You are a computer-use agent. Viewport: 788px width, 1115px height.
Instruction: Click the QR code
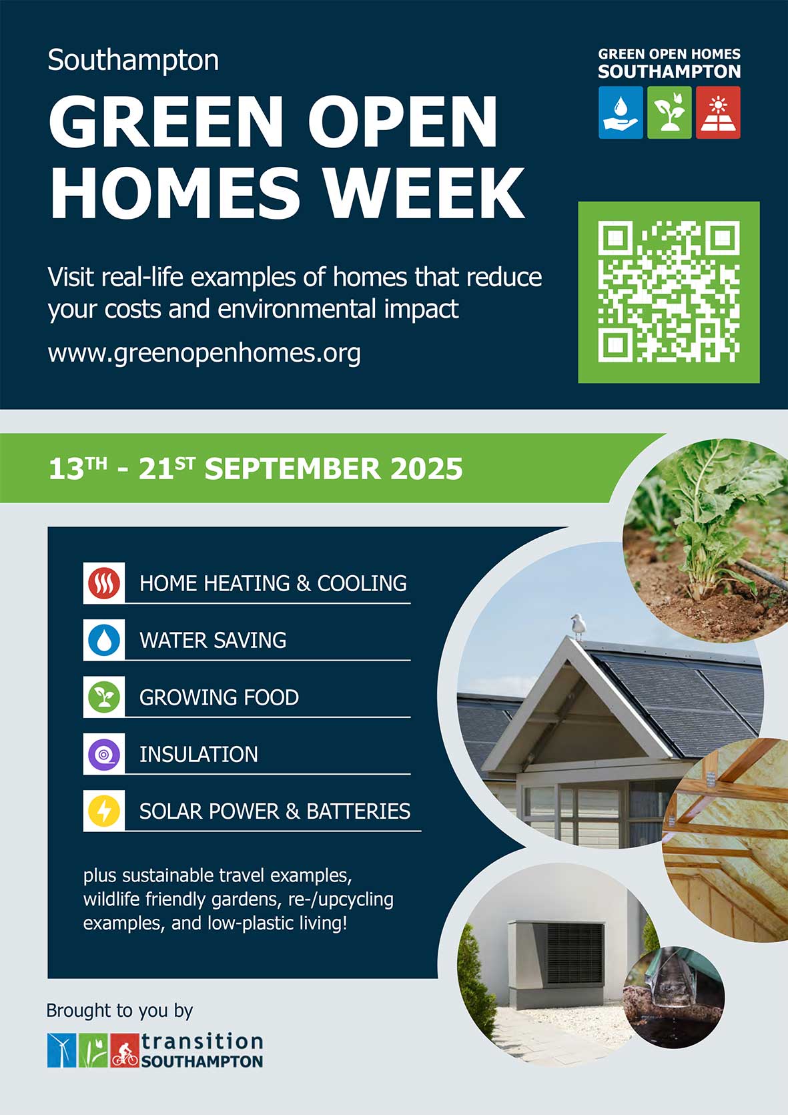tap(669, 292)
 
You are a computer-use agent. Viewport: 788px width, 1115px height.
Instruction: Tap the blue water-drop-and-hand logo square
tap(621, 112)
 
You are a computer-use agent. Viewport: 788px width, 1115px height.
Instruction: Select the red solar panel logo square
tap(718, 112)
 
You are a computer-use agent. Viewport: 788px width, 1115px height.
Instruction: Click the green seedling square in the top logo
tap(669, 112)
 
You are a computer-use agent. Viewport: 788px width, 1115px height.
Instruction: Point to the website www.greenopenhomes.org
tap(204, 354)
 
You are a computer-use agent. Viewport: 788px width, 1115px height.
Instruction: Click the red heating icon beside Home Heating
tap(104, 583)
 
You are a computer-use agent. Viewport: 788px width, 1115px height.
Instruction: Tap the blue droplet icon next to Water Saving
tap(104, 640)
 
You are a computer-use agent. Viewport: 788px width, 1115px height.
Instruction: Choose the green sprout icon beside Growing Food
tap(104, 697)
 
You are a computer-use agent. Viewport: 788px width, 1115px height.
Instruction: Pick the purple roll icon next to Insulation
tap(104, 754)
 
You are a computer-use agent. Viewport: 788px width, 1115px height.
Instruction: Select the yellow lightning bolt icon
tap(104, 811)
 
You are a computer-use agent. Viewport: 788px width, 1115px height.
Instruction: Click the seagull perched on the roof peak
tap(577, 626)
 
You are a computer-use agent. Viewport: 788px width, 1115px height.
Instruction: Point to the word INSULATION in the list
tap(199, 755)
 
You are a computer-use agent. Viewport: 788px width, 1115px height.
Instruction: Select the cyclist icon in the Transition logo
tap(125, 1051)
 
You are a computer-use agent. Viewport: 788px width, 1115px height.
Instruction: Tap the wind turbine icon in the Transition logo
tap(62, 1051)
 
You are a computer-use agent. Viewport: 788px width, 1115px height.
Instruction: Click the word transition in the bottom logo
tap(202, 1042)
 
